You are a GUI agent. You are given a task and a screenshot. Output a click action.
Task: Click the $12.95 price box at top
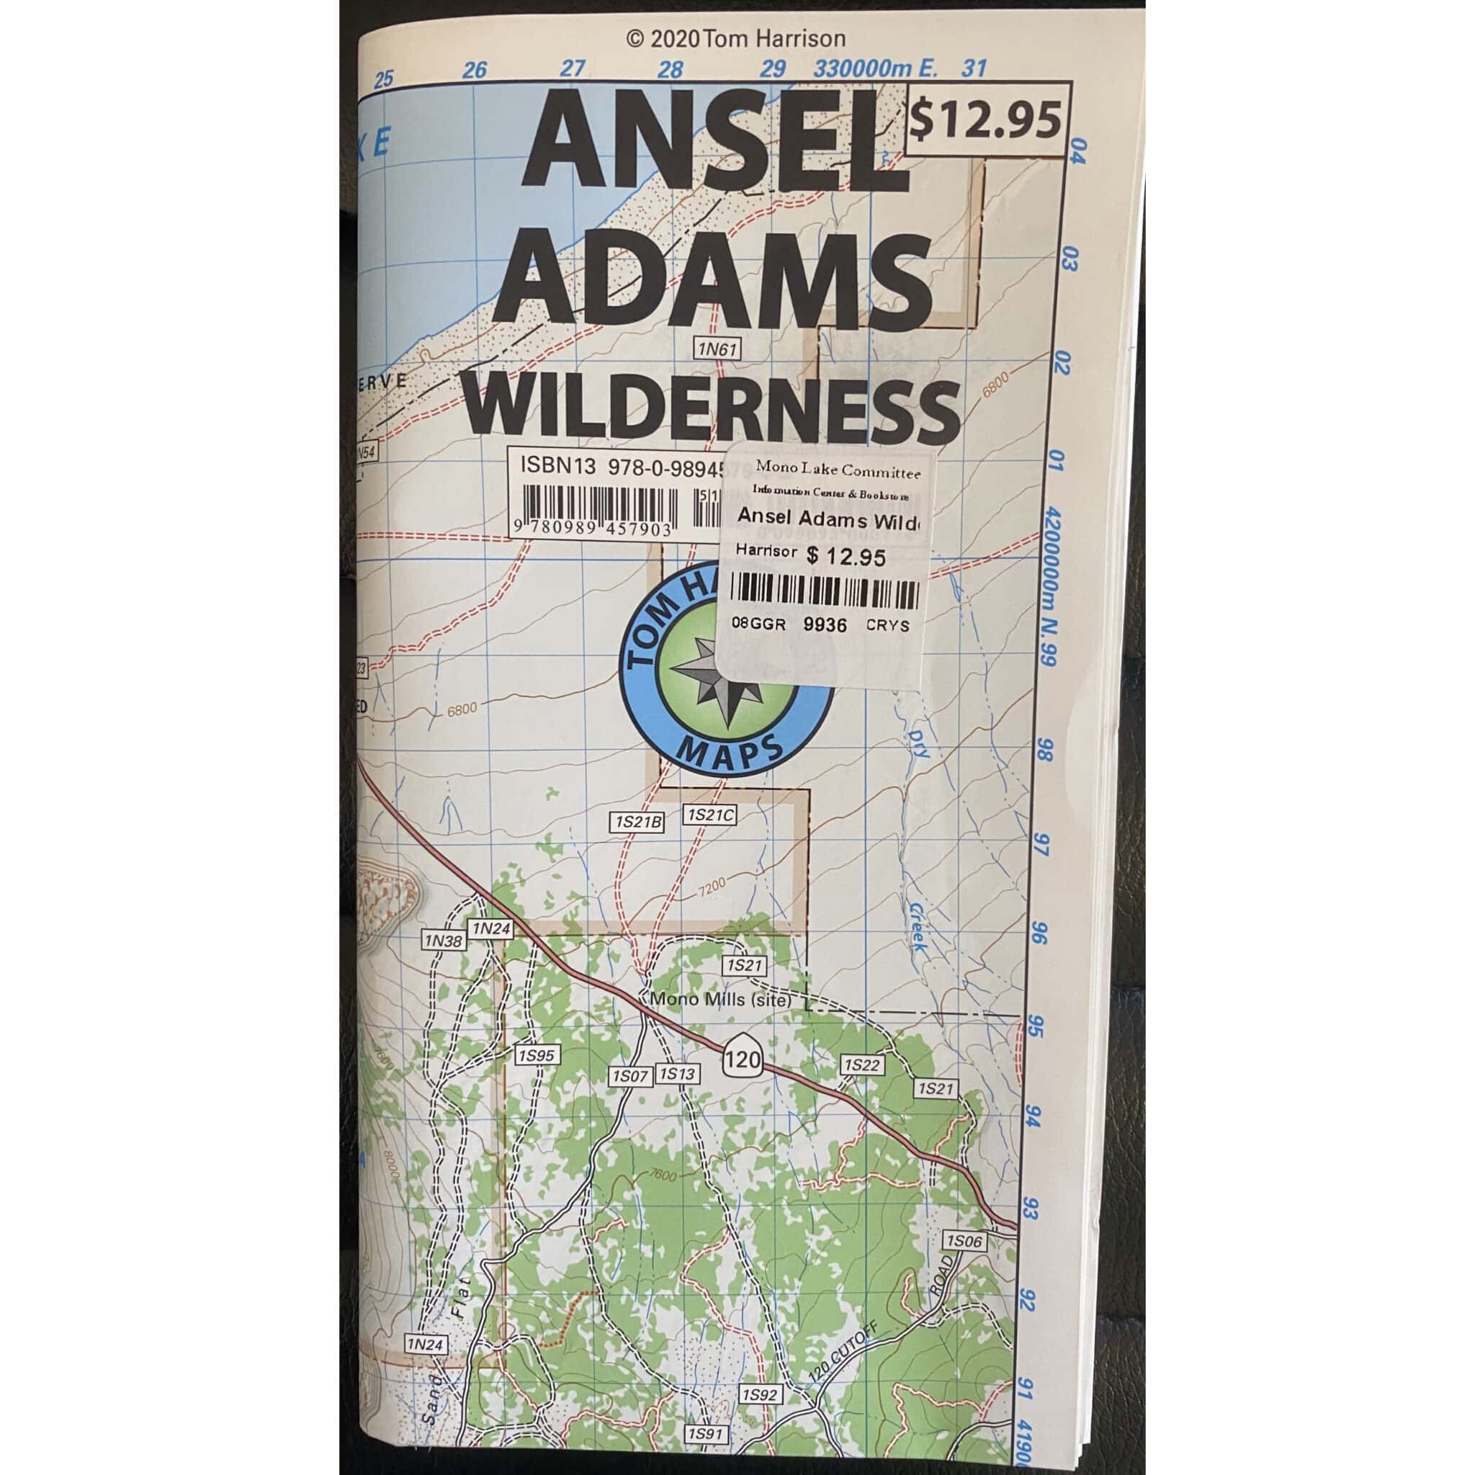pos(986,119)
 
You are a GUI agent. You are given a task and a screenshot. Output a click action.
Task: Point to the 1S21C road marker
pos(710,815)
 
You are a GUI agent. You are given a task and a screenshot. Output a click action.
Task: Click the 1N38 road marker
pos(444,941)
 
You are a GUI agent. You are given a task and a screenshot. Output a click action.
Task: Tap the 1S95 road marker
pos(536,1056)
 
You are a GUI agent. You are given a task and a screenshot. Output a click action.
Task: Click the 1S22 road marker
pos(862,1065)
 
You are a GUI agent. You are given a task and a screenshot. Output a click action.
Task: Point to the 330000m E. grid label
pos(875,68)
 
